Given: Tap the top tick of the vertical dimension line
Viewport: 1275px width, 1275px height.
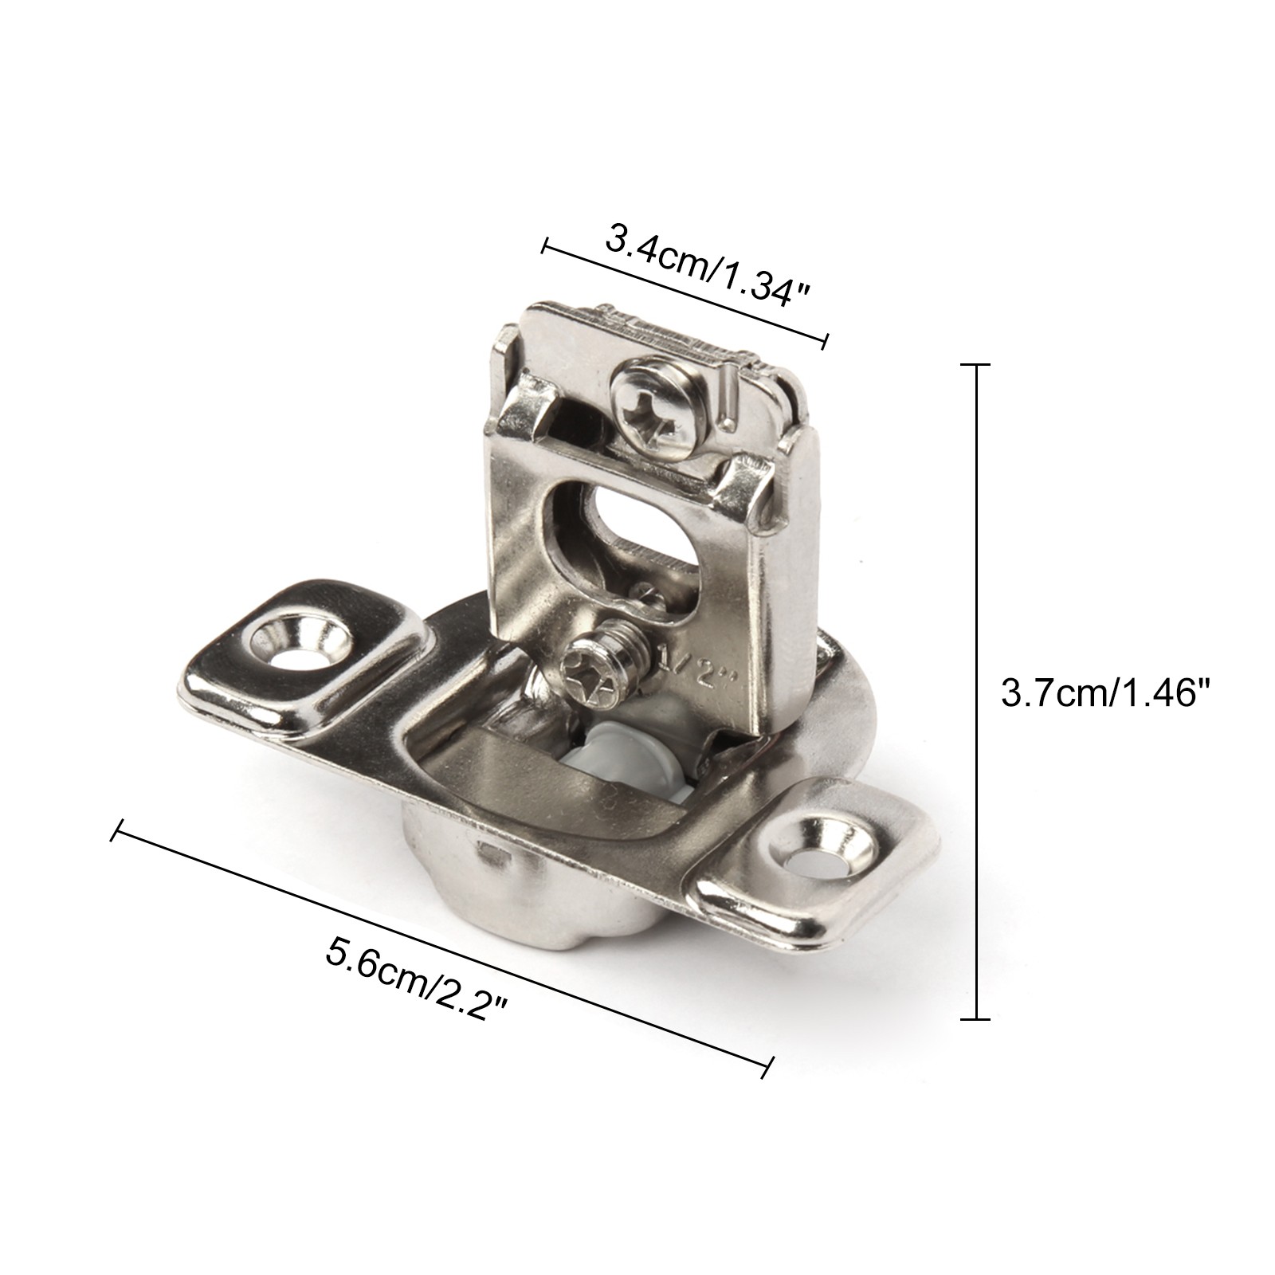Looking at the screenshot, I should (x=976, y=364).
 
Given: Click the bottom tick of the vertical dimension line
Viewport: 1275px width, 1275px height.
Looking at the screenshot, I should (x=976, y=1018).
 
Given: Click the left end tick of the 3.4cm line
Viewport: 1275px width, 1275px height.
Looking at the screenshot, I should (x=544, y=245).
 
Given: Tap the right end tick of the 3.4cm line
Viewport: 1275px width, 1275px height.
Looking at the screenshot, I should (x=826, y=341).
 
